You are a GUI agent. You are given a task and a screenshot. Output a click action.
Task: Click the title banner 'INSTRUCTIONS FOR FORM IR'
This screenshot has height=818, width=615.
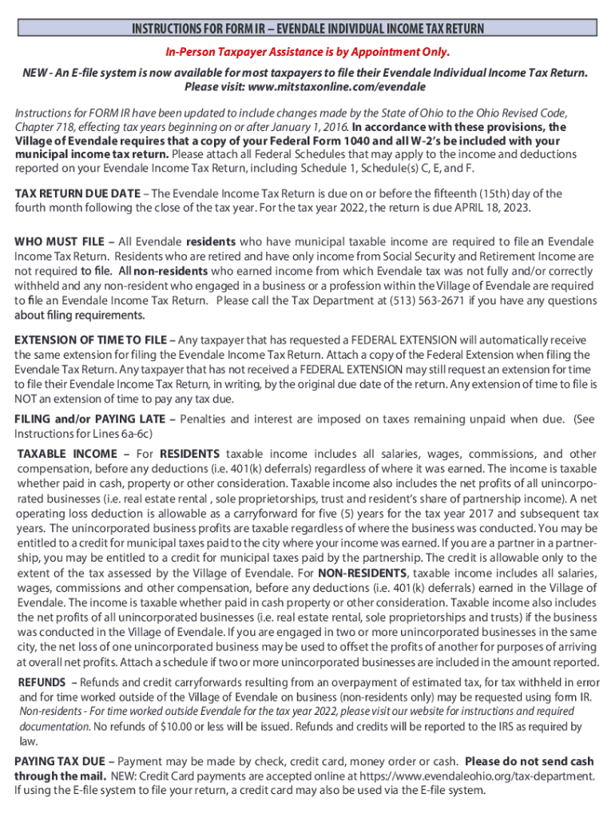click(307, 30)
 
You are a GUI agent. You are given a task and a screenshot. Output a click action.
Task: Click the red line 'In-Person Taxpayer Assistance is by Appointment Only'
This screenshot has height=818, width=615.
click(307, 53)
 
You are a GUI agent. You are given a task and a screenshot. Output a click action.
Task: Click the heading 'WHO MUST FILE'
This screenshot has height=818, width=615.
click(55, 240)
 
